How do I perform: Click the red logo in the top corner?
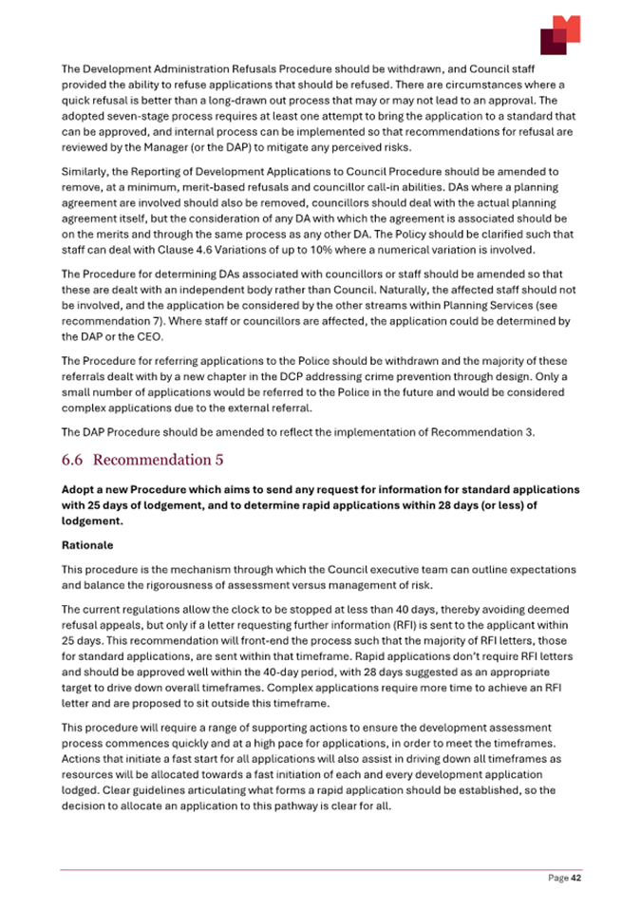click(x=560, y=35)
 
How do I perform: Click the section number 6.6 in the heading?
click(x=73, y=461)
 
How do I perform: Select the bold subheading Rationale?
click(x=87, y=547)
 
